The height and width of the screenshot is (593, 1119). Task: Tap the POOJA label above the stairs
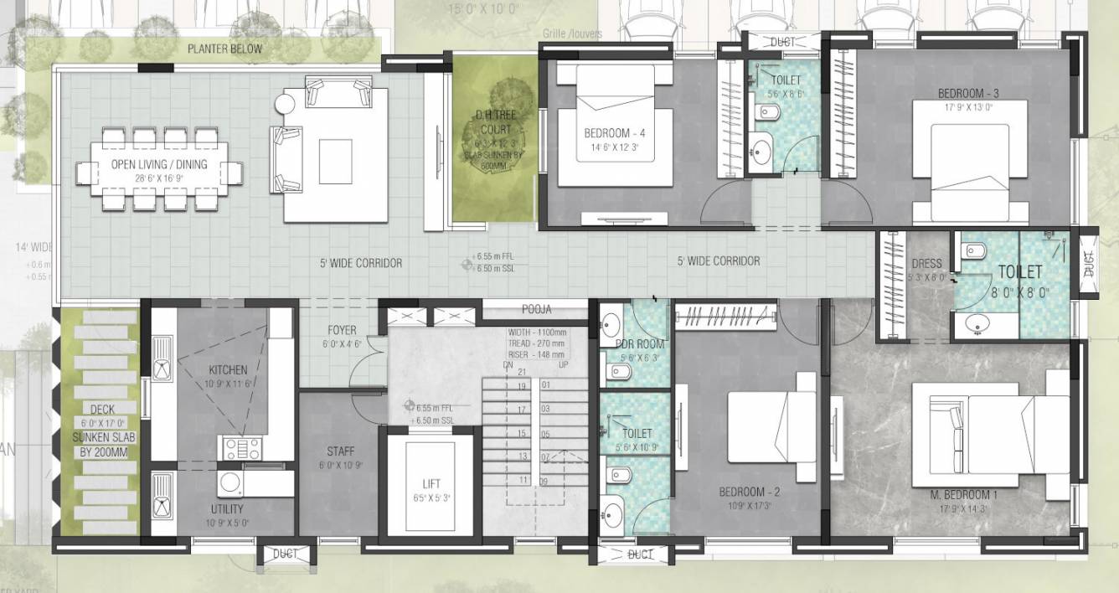tap(537, 309)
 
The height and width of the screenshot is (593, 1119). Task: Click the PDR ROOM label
tap(641, 344)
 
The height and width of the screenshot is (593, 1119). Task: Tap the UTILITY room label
tap(227, 509)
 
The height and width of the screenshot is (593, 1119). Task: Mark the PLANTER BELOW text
tap(224, 49)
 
